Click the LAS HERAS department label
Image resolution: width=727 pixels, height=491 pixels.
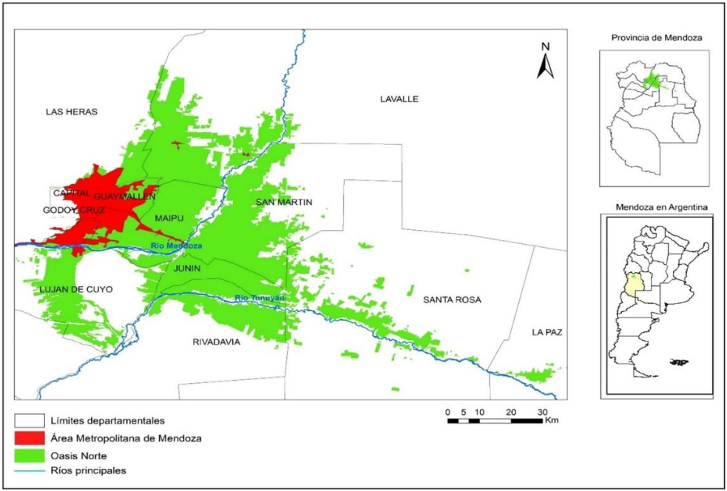point(71,112)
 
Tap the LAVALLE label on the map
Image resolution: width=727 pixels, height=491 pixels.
point(399,99)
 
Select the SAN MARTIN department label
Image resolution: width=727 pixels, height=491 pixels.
point(285,203)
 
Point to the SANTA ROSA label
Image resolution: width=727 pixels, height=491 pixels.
point(452,299)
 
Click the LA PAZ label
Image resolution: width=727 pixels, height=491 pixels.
point(547,333)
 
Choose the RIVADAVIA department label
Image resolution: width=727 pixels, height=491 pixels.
point(216,342)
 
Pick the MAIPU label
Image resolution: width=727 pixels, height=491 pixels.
point(169,218)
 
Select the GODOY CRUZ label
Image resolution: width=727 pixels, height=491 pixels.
point(74,210)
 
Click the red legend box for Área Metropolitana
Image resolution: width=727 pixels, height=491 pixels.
point(29,438)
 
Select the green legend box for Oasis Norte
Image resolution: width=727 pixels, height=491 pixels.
point(29,454)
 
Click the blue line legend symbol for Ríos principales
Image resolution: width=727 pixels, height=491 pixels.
point(29,470)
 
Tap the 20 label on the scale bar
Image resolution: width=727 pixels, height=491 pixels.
point(510,412)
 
